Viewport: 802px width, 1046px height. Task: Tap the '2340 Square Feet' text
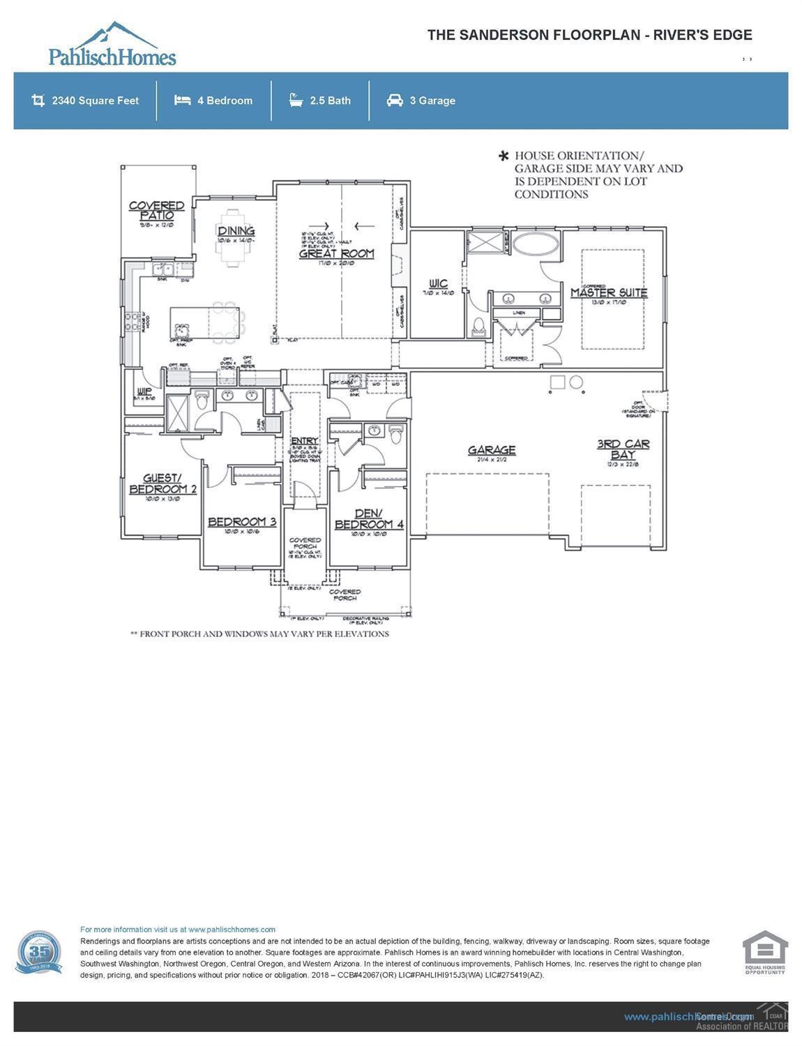point(96,100)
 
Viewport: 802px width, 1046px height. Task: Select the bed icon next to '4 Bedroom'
point(183,100)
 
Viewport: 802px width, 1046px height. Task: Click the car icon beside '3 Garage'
point(395,100)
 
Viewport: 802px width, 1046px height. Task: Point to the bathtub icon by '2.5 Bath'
point(296,100)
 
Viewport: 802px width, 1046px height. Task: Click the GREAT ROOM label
point(336,254)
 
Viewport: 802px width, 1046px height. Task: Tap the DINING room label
point(236,232)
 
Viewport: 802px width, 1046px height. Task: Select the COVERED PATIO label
point(156,210)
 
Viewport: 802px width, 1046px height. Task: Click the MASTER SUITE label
point(609,293)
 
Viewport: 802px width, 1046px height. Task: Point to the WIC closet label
point(439,283)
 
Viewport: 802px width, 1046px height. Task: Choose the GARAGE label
point(492,450)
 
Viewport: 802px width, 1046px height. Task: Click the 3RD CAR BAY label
point(623,449)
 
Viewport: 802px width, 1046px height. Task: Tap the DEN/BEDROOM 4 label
point(369,519)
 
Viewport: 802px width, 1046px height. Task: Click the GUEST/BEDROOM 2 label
point(162,484)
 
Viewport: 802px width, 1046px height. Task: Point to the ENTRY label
point(304,441)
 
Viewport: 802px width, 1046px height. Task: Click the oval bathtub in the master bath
point(536,244)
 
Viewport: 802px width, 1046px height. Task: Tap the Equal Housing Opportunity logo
point(765,952)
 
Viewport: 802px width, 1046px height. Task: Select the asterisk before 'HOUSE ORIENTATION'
point(503,156)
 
